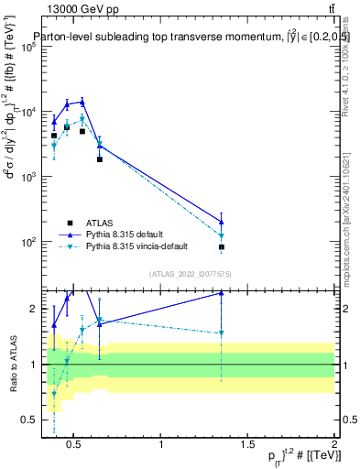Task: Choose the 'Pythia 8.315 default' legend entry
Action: tap(125, 234)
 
